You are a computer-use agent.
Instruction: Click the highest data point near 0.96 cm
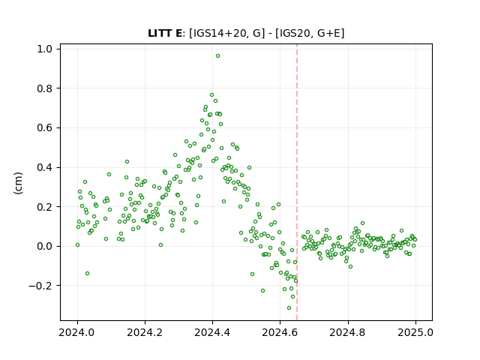click(x=217, y=56)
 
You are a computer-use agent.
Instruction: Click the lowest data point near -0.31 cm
click(x=289, y=308)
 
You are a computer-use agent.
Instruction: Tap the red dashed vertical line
click(x=297, y=182)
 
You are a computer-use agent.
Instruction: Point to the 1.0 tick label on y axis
click(x=46, y=49)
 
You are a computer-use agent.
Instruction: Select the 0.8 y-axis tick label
click(x=46, y=88)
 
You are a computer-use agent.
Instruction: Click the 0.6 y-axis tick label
click(x=46, y=128)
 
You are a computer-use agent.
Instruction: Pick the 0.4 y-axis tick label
click(x=46, y=167)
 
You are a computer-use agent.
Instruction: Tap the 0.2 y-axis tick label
click(x=46, y=207)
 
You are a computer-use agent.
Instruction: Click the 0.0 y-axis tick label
click(x=46, y=247)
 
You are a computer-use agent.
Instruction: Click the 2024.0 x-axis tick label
click(x=77, y=332)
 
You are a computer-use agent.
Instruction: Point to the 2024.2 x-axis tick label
click(x=145, y=332)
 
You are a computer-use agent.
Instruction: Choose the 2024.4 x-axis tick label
click(x=212, y=332)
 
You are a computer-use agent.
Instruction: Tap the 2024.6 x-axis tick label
click(x=280, y=332)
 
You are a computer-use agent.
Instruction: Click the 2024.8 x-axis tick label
click(x=347, y=332)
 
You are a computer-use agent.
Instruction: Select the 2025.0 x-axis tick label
click(x=415, y=332)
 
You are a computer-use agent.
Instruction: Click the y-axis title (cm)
click(x=18, y=182)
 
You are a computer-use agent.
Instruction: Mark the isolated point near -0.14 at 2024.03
click(x=87, y=273)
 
